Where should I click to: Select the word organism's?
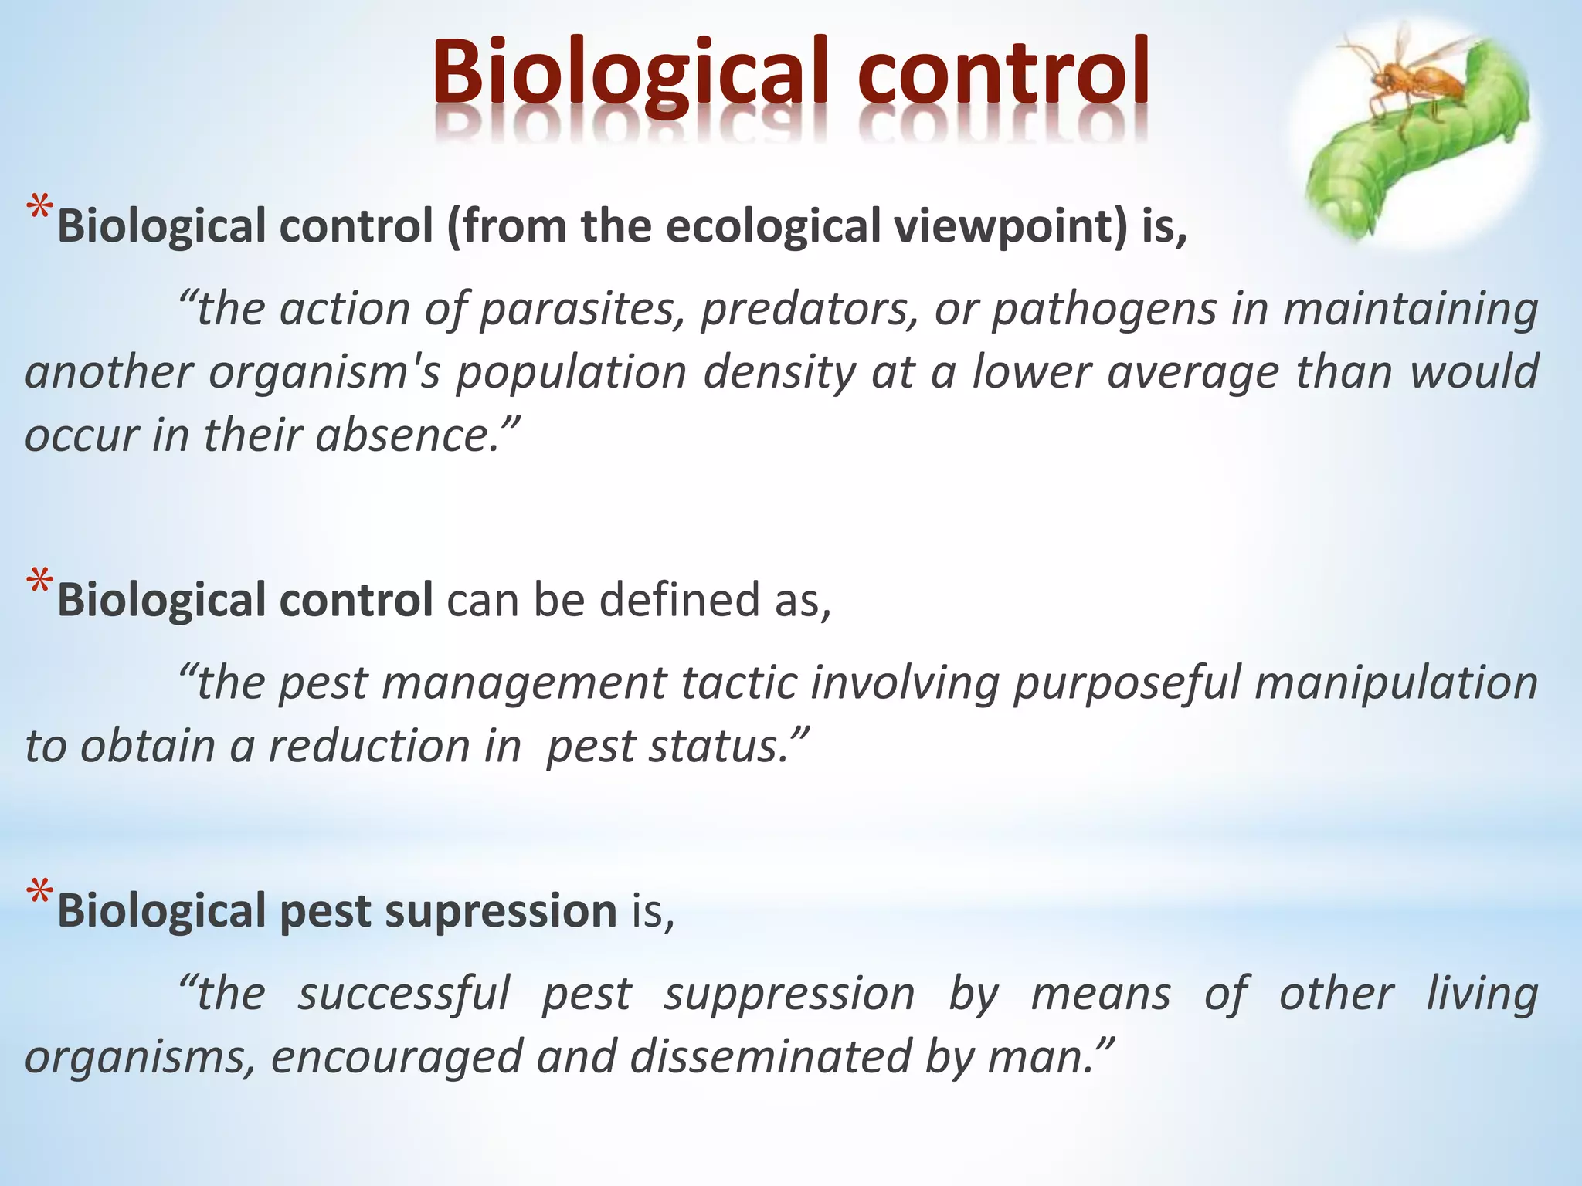[325, 372]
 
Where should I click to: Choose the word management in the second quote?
[471, 683]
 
